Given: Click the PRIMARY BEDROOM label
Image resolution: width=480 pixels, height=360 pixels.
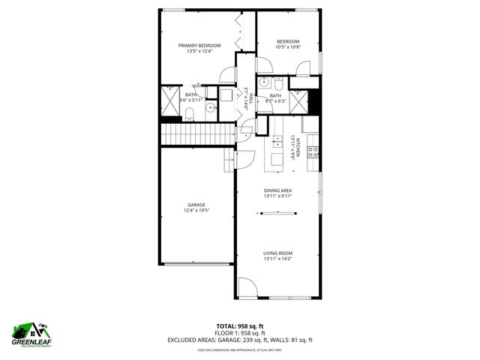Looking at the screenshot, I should pos(199,46).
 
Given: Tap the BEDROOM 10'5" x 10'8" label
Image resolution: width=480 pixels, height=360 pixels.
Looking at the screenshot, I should pos(288,41).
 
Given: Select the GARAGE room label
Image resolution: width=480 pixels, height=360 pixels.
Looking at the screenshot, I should pos(196,205).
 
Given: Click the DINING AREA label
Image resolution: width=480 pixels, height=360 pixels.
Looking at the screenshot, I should pos(277,190).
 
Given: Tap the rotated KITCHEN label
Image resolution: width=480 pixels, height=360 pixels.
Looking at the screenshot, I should pos(298,148).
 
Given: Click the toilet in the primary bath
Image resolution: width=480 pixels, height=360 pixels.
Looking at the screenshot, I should pos(189,113).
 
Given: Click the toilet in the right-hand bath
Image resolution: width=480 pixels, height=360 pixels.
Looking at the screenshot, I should pos(278,83).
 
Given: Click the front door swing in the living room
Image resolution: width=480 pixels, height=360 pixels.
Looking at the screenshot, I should pos(247,288).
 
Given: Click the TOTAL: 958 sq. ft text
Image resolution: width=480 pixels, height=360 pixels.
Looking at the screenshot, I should pos(239,325).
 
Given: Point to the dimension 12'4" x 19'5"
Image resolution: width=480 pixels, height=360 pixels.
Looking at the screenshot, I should pos(196,211).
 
